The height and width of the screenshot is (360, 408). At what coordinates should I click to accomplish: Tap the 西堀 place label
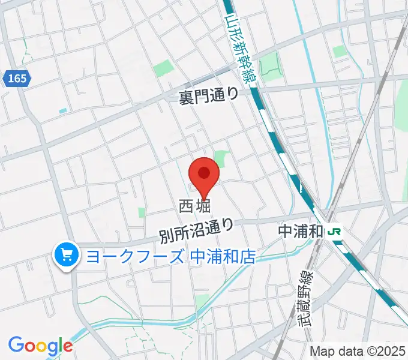click(195, 207)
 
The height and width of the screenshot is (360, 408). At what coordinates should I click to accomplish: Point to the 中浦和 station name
click(301, 231)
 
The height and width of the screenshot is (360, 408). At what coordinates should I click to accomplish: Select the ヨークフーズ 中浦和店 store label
click(171, 257)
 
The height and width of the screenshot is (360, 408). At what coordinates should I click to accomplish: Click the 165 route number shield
click(17, 79)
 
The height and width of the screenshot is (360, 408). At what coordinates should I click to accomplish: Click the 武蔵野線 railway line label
click(305, 297)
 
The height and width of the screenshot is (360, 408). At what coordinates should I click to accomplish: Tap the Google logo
click(40, 346)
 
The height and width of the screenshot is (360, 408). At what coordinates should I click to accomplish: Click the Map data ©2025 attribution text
click(358, 351)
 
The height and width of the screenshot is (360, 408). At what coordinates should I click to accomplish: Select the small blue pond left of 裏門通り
click(63, 111)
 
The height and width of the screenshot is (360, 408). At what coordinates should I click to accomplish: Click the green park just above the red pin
click(221, 159)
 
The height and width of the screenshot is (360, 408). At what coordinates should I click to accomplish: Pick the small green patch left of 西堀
click(142, 212)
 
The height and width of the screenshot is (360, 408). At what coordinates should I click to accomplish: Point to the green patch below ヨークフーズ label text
click(202, 300)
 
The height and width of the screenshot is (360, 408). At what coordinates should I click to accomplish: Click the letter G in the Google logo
click(16, 346)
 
